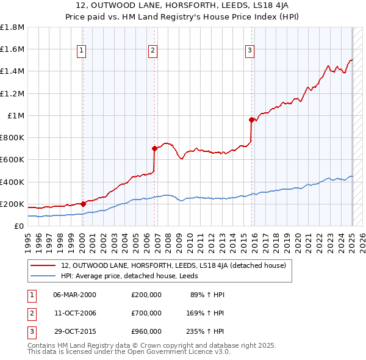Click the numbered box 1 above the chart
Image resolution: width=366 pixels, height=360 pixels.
coord(81,51)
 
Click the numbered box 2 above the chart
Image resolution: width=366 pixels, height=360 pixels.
coord(152,51)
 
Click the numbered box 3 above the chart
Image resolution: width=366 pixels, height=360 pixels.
coord(249,51)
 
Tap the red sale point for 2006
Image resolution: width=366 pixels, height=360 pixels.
coord(154,148)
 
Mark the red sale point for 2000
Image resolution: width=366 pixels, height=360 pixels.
coord(83,204)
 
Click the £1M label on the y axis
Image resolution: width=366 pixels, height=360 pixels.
coord(16,116)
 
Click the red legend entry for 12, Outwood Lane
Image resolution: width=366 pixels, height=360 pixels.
coord(178,265)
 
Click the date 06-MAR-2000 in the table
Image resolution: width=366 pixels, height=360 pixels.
coord(75,295)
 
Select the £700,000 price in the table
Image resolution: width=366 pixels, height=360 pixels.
coord(146,313)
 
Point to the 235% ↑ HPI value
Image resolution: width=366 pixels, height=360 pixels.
coord(206,331)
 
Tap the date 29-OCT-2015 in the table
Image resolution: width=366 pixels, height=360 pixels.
coord(75,331)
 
